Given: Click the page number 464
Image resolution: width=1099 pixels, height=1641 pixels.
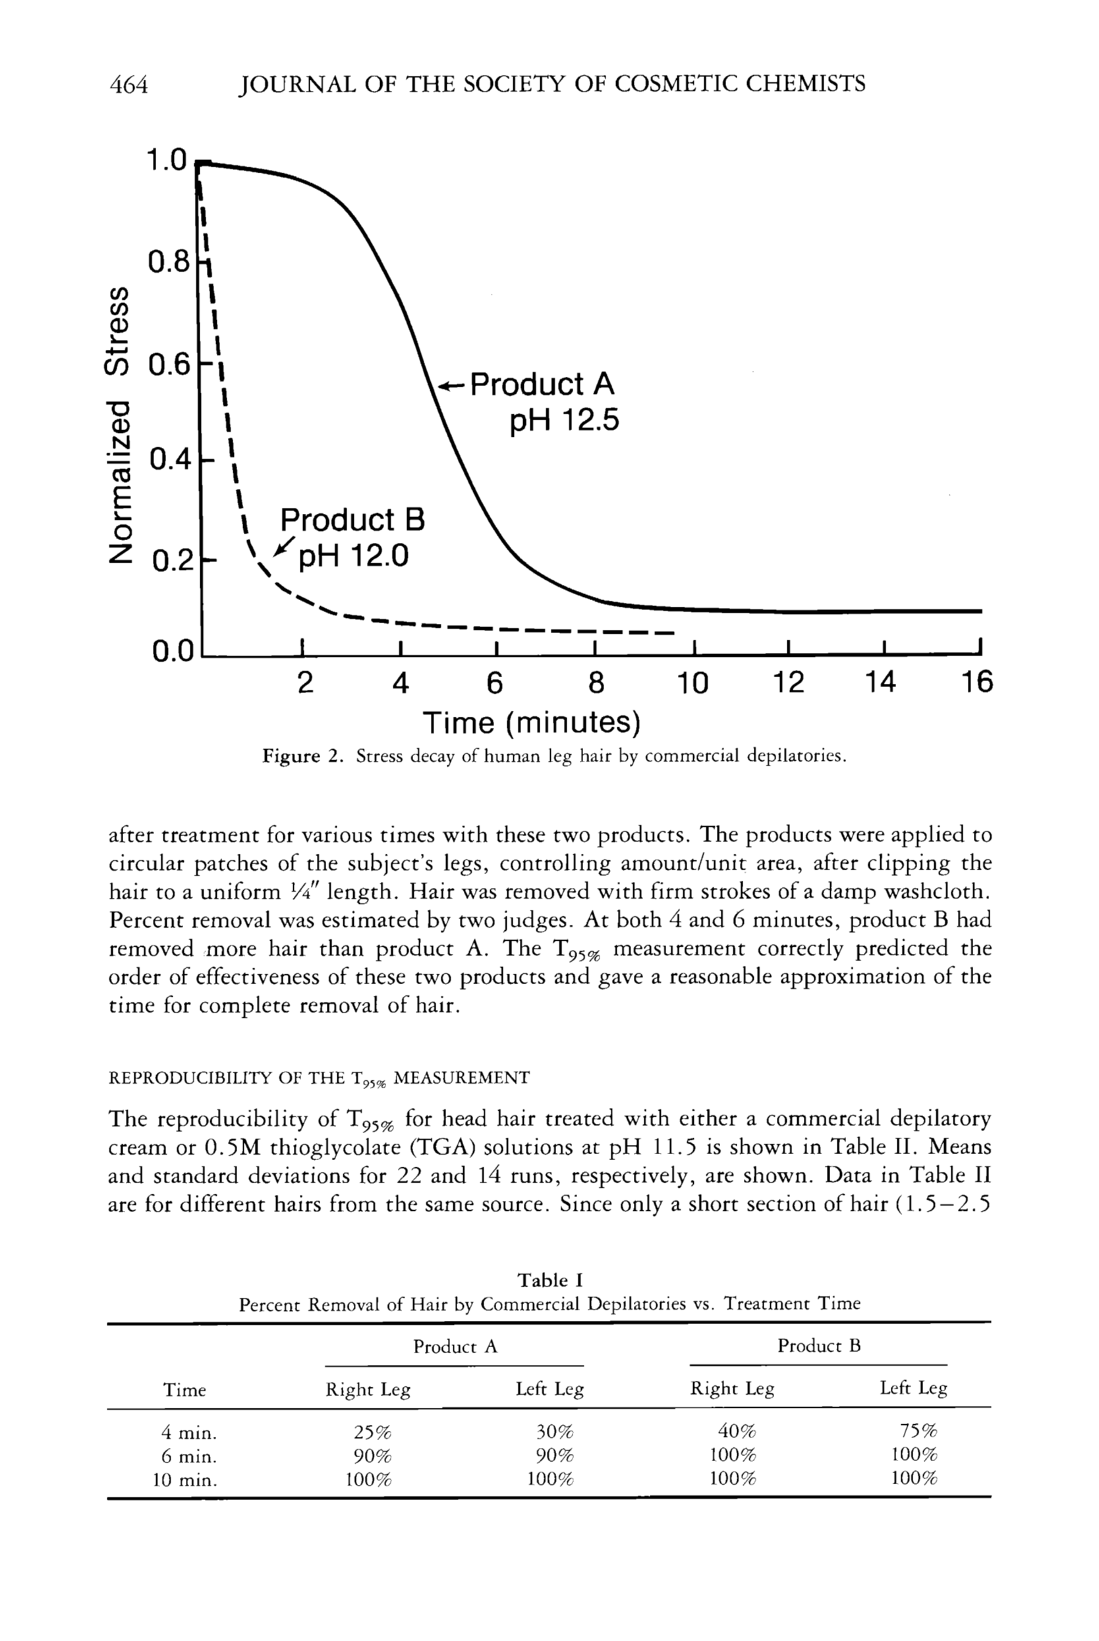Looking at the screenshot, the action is [x=129, y=85].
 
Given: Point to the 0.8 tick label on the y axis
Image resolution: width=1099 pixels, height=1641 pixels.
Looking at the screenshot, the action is [x=169, y=263].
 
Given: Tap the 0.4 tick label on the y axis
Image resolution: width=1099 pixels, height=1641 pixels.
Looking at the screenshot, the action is [x=169, y=460].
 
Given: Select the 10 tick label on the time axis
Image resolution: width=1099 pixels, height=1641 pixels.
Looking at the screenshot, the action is [x=692, y=682].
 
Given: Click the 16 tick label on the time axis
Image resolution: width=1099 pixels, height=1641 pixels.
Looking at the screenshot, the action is [x=976, y=681].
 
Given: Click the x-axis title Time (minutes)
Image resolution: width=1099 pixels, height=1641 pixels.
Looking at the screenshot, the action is [x=531, y=723].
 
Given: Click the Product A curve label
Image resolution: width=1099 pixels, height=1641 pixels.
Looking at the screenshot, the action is [x=542, y=384].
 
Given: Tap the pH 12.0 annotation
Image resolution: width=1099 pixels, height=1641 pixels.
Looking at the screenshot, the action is [x=353, y=557].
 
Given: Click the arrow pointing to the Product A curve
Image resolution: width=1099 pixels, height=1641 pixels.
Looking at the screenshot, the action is [x=452, y=385].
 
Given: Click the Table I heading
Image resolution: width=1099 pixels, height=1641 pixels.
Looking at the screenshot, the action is [x=550, y=1280].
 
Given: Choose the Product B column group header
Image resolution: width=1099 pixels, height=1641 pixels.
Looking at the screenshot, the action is [x=818, y=1345].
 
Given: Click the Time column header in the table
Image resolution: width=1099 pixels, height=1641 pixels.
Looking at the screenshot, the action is [x=184, y=1390].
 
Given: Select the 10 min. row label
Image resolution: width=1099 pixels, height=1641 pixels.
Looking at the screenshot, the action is [x=185, y=1480].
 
